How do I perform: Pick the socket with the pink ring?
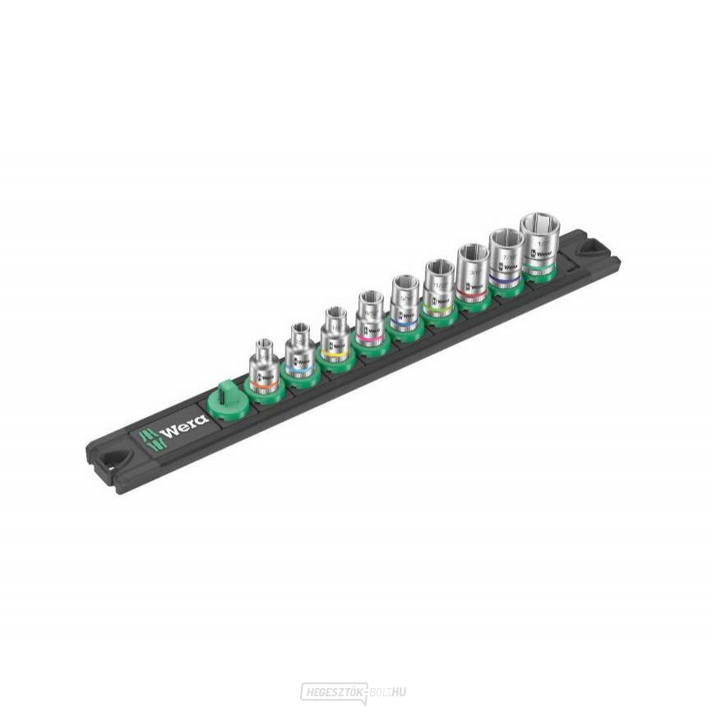371,320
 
